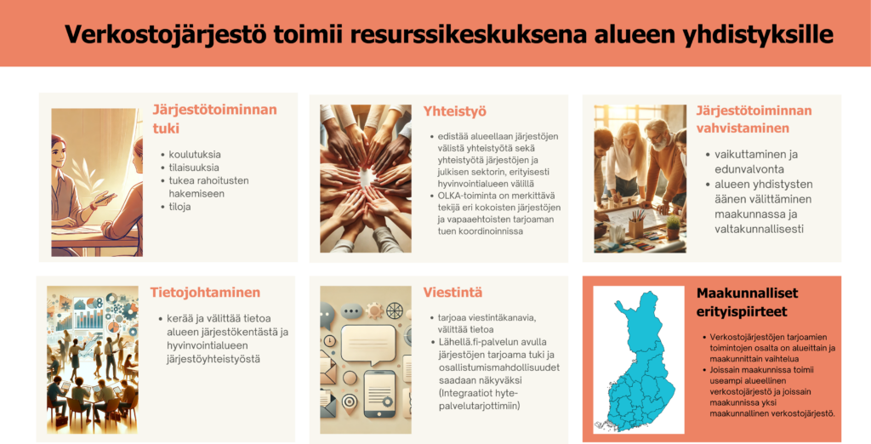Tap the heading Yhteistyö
pos(454,111)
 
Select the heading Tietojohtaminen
pos(205,293)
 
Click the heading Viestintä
pos(453,293)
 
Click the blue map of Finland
pos(636,358)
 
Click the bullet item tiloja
pos(179,207)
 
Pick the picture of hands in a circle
pos(366,179)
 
